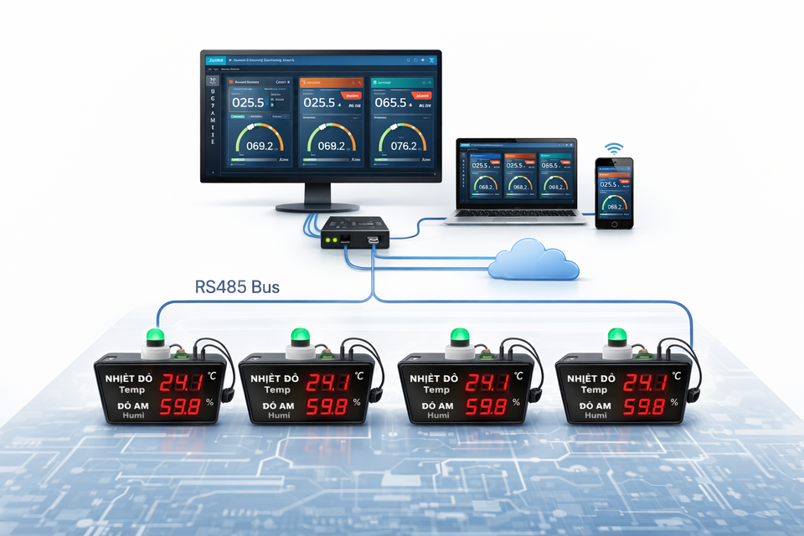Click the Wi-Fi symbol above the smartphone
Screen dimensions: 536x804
click(615, 148)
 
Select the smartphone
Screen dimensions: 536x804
click(615, 192)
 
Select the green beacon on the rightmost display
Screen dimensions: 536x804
click(616, 337)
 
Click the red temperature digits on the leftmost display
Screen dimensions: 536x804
click(181, 383)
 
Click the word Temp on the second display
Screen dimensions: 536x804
click(277, 390)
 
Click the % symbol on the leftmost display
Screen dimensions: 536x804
click(211, 402)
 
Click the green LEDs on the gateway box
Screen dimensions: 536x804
click(337, 240)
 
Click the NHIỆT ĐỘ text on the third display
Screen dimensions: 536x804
click(438, 379)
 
